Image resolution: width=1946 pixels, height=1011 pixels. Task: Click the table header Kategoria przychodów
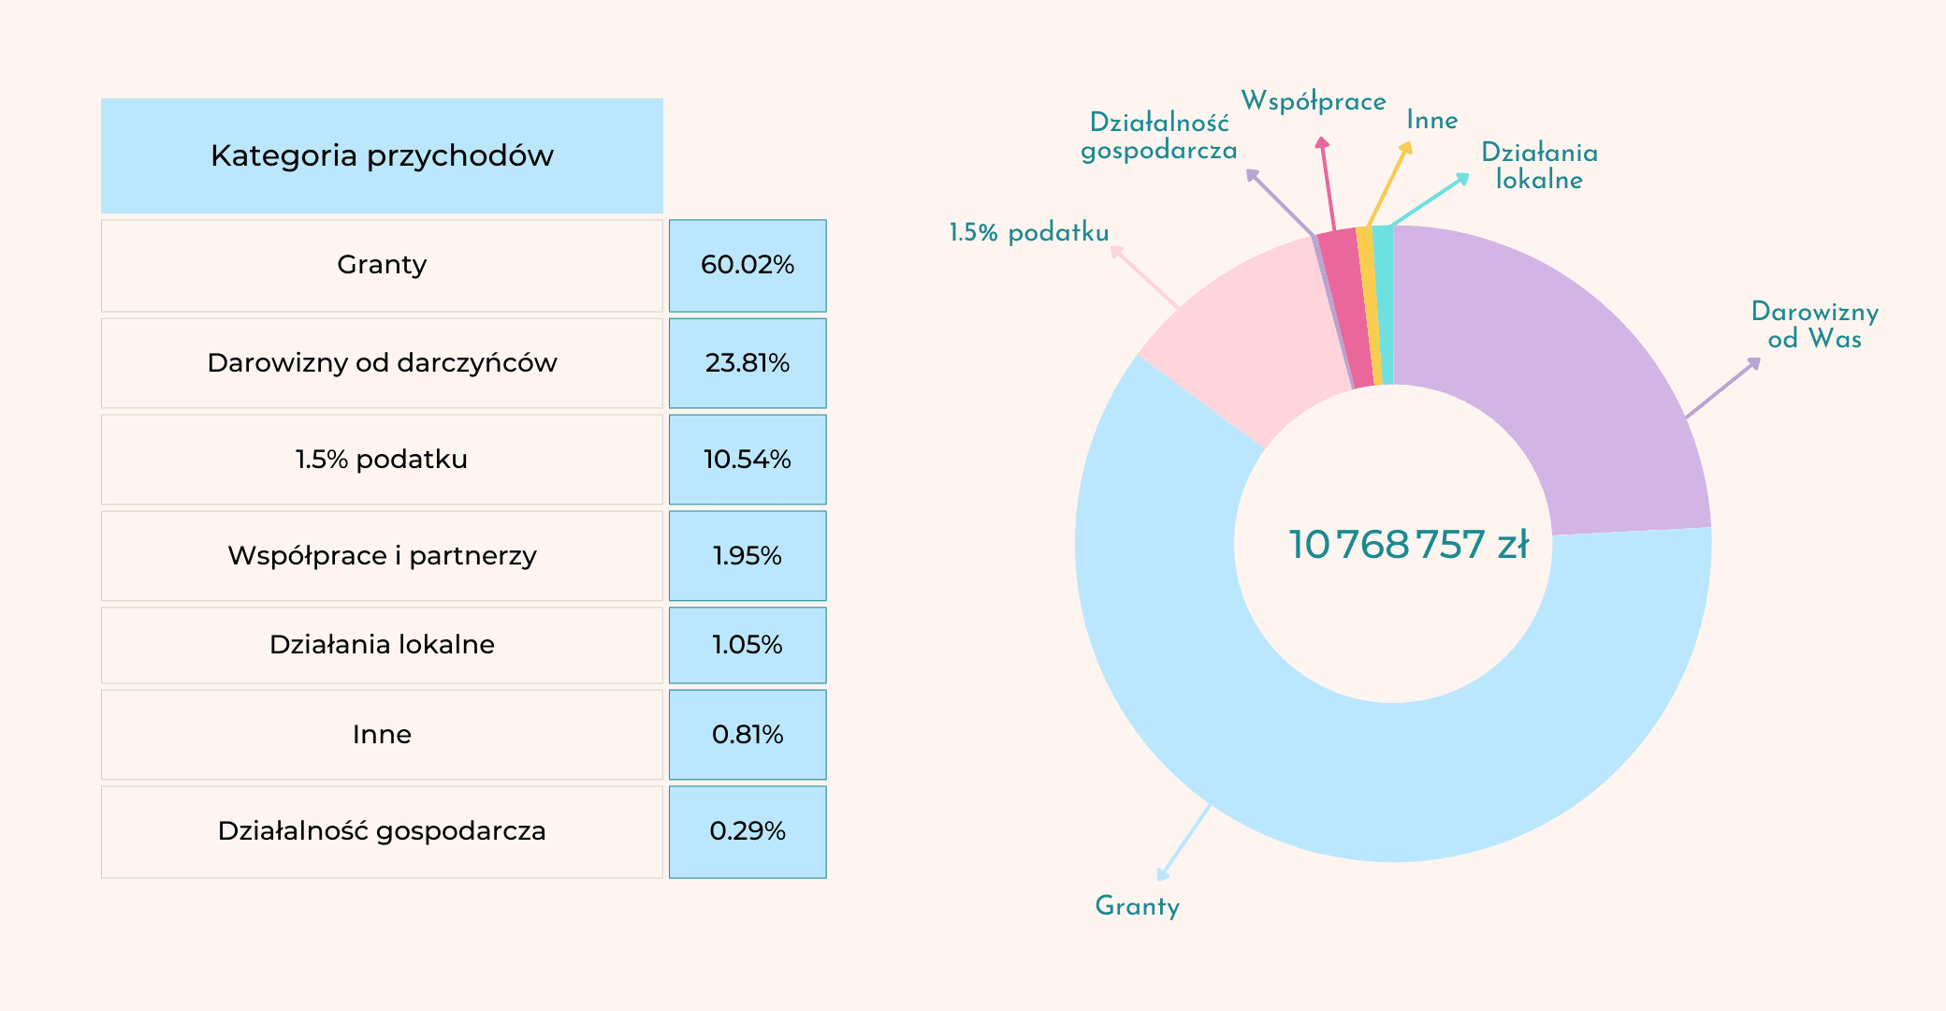[382, 155]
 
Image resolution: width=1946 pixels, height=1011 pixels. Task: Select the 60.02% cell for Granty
[748, 265]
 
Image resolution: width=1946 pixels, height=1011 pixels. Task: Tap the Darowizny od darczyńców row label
[382, 363]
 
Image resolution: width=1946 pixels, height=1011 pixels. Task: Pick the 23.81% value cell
[748, 363]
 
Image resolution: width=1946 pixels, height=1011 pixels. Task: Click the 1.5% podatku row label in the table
[382, 460]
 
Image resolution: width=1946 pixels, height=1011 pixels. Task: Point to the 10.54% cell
[748, 460]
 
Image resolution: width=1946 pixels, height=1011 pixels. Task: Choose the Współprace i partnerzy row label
[382, 556]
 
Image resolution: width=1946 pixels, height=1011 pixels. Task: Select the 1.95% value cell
[748, 556]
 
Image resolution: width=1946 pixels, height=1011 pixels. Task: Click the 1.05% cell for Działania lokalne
[748, 645]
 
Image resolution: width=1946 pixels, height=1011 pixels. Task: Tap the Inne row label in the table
[382, 735]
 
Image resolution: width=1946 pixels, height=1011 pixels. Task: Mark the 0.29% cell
[748, 831]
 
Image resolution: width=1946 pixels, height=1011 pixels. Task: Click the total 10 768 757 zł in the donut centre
[1408, 545]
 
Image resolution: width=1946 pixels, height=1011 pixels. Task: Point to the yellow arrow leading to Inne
[1388, 183]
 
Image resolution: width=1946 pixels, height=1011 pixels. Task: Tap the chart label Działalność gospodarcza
[1159, 137]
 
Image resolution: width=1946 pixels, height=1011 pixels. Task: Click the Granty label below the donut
[1137, 906]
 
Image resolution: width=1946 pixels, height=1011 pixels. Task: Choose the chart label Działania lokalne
[1539, 166]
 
